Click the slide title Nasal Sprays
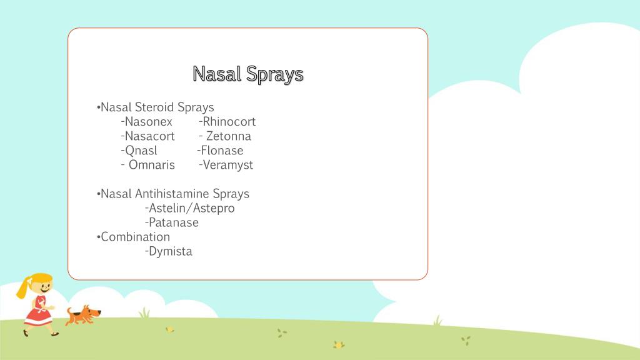[x=248, y=74]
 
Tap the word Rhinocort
[x=229, y=122]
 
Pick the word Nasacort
[x=150, y=136]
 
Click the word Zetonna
[x=228, y=136]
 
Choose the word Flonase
[x=222, y=151]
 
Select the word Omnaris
[x=151, y=165]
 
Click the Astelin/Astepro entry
[x=192, y=208]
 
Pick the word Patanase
[x=173, y=222]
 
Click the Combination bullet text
[x=135, y=237]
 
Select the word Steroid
[x=154, y=107]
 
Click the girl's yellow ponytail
[x=24, y=288]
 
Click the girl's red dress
[x=37, y=313]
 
